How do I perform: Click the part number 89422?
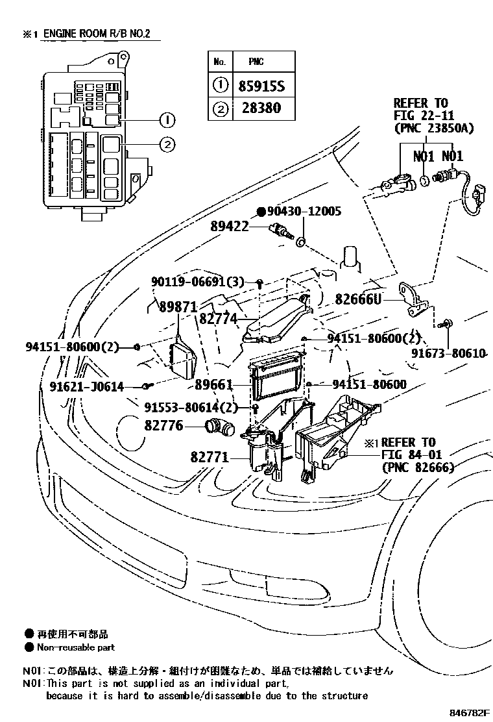(238, 227)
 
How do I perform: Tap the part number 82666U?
(359, 299)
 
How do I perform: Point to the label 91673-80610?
(448, 353)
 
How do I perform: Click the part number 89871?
(177, 307)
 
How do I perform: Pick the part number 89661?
(213, 384)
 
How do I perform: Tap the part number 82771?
(210, 458)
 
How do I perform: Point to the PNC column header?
(257, 62)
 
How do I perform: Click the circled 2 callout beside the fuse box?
(167, 145)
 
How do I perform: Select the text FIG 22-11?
(420, 116)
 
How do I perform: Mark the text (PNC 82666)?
(417, 467)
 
